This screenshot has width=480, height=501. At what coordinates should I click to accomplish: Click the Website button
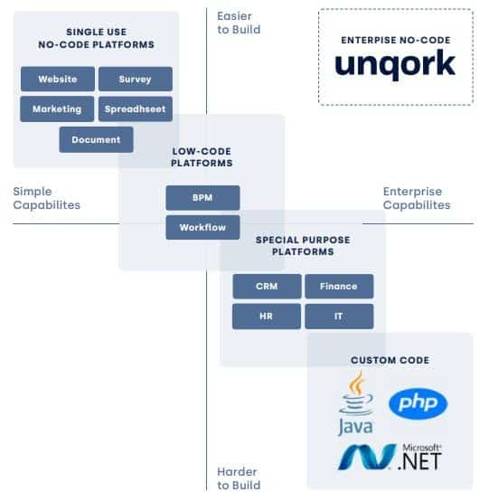(x=58, y=79)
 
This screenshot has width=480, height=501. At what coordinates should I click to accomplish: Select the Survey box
(x=136, y=79)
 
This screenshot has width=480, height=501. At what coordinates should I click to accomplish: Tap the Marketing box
(x=57, y=109)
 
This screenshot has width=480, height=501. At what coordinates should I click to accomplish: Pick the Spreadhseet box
(x=136, y=109)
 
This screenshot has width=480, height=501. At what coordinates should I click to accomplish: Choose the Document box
(x=96, y=139)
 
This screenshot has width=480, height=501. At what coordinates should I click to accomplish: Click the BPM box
(x=202, y=198)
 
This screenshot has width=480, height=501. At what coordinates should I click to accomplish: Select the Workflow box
(x=202, y=228)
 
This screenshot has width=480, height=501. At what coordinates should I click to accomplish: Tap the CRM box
(x=267, y=287)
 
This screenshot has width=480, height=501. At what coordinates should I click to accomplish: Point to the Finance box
(x=339, y=287)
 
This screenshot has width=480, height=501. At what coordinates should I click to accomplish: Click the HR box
(x=267, y=317)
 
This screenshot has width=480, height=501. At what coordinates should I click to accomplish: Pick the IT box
(x=339, y=317)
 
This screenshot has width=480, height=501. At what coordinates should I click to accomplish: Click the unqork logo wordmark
(x=395, y=64)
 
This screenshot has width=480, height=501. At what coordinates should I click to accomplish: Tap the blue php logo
(x=419, y=403)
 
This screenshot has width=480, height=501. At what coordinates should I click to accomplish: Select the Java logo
(x=356, y=403)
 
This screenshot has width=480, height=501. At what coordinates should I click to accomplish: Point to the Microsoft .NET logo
(x=390, y=457)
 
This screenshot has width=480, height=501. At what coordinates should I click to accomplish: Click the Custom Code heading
(x=390, y=360)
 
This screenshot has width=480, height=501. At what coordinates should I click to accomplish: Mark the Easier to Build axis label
(x=239, y=23)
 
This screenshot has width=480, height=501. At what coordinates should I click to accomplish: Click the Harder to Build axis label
(x=239, y=478)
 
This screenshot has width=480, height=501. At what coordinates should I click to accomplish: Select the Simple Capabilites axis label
(x=47, y=198)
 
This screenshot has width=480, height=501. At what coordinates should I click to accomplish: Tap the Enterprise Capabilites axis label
(x=417, y=198)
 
